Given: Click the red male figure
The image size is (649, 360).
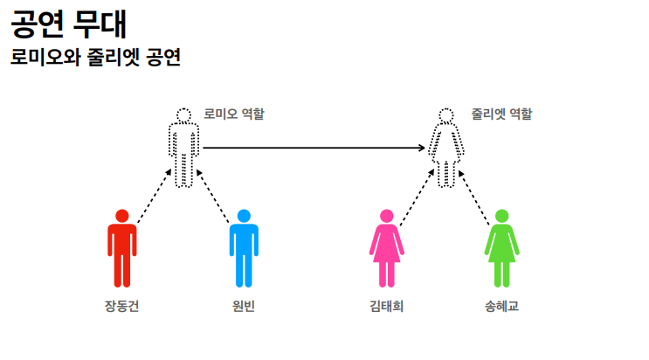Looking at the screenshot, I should tap(122, 249).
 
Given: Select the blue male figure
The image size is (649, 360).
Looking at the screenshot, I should tap(244, 249).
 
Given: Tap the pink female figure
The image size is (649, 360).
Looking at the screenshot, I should tap(386, 249).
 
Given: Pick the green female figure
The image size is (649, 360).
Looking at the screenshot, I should tap(501, 249).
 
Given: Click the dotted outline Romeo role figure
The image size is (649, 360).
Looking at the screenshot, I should tap(183, 149).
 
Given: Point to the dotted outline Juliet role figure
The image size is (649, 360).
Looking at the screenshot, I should tap(446, 149).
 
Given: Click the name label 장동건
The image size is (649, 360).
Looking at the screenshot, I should tap(121, 307).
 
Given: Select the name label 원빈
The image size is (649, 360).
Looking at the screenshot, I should tap(244, 307).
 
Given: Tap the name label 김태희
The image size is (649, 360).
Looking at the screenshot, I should tap(386, 307).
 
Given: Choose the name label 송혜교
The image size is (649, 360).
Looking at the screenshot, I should tap(501, 307).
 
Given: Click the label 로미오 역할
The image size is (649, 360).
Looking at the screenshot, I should tap(234, 114).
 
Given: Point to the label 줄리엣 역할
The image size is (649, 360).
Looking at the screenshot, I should tap(501, 114).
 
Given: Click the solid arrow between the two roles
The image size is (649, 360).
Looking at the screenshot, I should tap(314, 148).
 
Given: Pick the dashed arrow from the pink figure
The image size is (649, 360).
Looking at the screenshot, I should tap(417, 196).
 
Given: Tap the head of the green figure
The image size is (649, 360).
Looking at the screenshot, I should tap(501, 216).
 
